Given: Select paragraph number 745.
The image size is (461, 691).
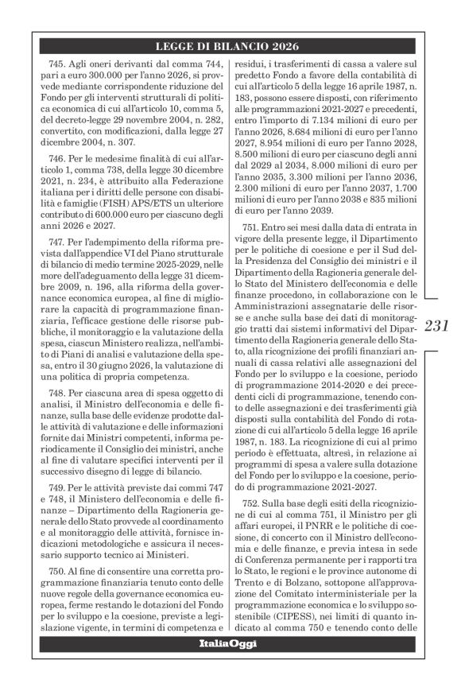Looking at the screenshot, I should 60,62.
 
